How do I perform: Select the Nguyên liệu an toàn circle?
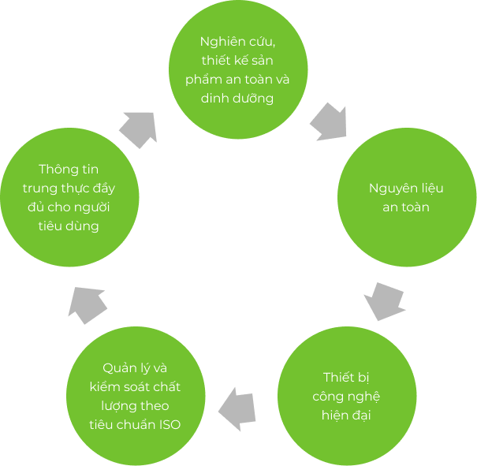pos(406,197)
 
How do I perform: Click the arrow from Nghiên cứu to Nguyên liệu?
pos(330,121)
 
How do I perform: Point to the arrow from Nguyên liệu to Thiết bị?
pos(386,301)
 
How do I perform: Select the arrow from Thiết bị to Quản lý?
pos(237,408)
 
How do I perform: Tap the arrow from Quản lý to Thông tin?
pos(89,304)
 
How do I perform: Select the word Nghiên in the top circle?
pos(219,40)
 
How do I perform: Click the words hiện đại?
pos(347,415)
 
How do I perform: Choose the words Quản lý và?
pos(135,367)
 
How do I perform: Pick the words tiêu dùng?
pos(69,226)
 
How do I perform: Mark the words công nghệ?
pos(347,396)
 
